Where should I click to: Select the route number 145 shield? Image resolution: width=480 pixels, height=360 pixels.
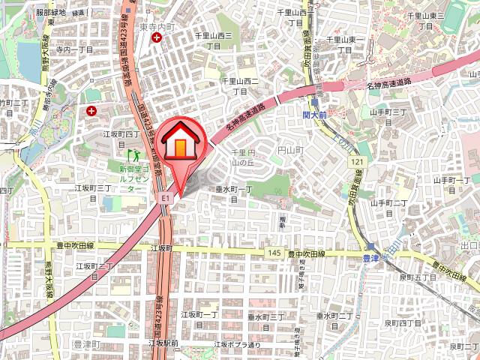click(x=273, y=254)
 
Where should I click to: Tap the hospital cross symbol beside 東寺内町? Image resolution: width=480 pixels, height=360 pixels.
click(x=156, y=37)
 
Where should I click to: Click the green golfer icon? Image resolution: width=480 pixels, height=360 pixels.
click(x=136, y=155)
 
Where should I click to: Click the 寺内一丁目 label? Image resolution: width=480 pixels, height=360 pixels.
click(x=74, y=49)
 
